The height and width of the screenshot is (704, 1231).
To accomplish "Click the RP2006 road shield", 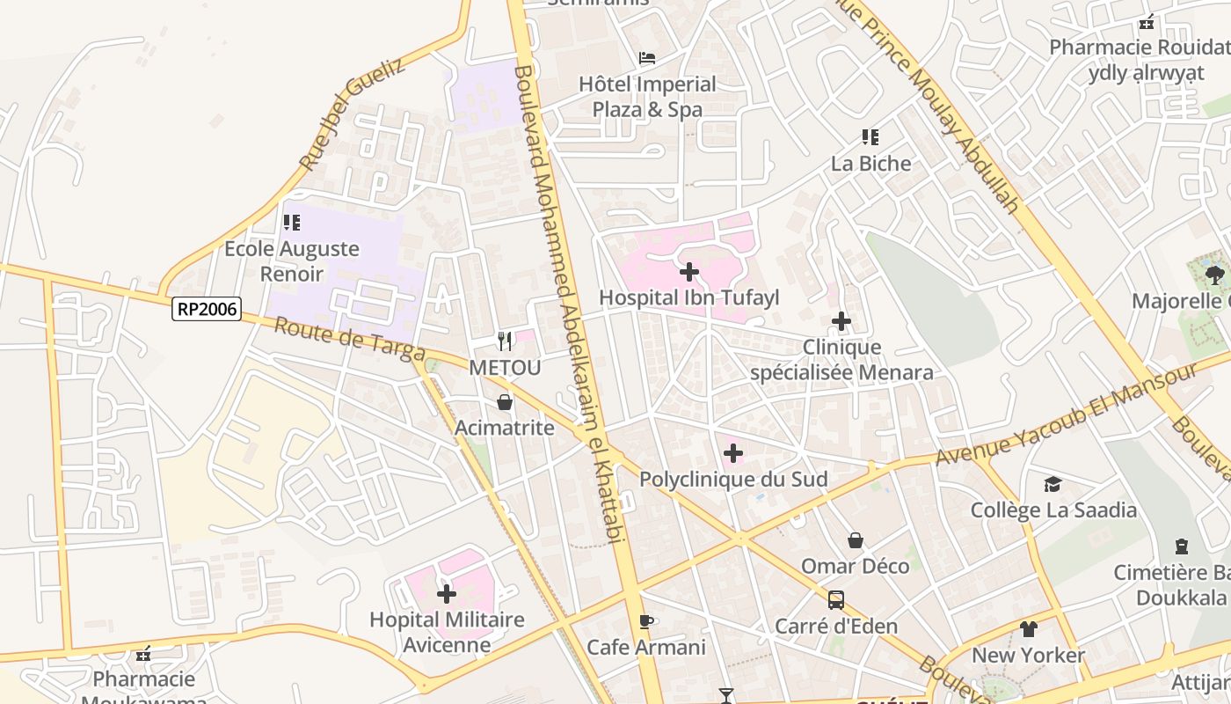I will (207, 308).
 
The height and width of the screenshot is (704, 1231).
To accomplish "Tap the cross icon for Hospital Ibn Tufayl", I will (689, 271).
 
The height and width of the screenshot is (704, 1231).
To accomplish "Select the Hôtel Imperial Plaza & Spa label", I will (647, 97).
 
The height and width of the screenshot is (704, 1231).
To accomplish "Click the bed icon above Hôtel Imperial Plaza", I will (647, 59).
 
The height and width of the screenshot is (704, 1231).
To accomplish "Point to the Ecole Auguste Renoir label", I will (292, 261).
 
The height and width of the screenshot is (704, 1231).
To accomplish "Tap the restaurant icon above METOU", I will (505, 341).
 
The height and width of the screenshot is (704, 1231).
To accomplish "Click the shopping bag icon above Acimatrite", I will (505, 402).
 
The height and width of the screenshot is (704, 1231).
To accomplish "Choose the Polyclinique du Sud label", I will (733, 480).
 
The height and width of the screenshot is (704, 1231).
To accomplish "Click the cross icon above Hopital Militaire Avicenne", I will (447, 594).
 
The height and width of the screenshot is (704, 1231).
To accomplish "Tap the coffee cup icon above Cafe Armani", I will (646, 622).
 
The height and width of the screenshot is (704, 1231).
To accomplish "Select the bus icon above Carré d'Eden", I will (836, 600).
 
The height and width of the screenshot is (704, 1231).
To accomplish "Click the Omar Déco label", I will (855, 566).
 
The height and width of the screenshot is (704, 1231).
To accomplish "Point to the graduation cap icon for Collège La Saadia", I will (1053, 484).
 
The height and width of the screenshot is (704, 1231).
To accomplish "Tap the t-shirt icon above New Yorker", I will (1029, 629).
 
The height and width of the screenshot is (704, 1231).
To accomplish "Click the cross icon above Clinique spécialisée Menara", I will (841, 321).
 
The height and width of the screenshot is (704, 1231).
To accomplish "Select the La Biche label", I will (870, 164).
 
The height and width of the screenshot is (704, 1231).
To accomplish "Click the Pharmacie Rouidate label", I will (1140, 47).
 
